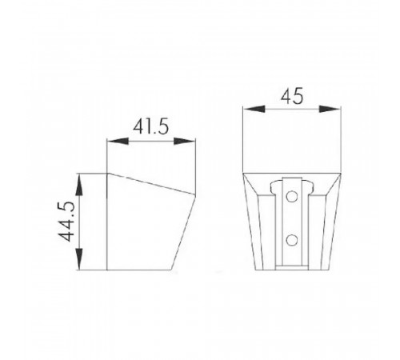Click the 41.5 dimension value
point(151,126)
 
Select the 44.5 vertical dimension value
point(66,222)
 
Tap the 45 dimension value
point(292,96)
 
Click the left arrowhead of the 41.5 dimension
point(118,141)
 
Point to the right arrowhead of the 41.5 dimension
point(185,141)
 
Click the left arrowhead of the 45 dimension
point(254,109)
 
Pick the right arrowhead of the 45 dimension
point(330,109)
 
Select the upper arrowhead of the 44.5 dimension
point(79,184)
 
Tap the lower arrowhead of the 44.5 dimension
point(79,259)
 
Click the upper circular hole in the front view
point(292,197)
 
